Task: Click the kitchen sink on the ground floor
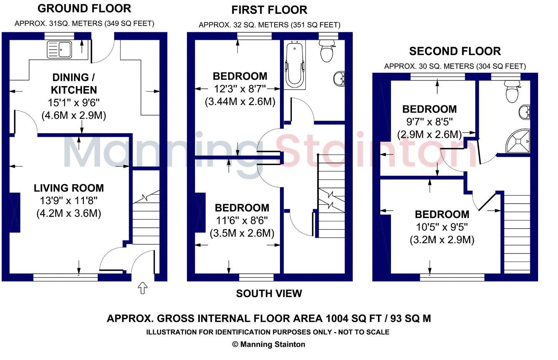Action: (59, 50)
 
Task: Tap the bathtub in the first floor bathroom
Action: (295, 64)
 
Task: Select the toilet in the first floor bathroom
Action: (326, 52)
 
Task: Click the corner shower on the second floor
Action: (519, 141)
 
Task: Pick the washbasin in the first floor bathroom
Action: (339, 79)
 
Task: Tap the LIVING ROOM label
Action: (69, 188)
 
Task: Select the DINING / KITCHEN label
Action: (74, 83)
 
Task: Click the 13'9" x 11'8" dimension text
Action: (69, 201)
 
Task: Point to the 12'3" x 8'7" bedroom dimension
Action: (240, 89)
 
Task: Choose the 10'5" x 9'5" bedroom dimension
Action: (442, 227)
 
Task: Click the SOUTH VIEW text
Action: (269, 294)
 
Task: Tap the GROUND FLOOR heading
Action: (84, 8)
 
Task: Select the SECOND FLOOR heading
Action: (455, 51)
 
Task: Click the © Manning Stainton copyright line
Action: (269, 344)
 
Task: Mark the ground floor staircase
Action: (146, 218)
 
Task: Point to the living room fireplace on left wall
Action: (15, 213)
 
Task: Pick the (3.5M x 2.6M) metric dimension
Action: (242, 233)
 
